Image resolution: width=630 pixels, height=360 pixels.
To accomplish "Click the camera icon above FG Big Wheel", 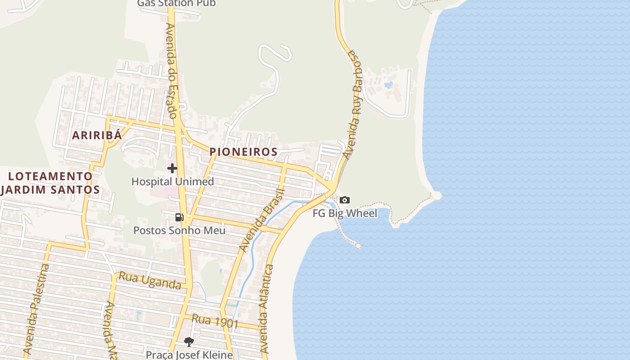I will point(345,200).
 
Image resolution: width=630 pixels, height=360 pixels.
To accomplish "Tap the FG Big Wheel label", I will point(345,213).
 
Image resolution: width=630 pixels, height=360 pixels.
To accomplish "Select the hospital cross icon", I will point(172,169).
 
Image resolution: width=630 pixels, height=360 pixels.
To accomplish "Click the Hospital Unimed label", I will point(172,182).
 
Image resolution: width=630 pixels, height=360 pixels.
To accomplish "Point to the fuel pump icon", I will point(180,217).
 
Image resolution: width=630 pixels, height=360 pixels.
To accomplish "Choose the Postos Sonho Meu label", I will point(179,230).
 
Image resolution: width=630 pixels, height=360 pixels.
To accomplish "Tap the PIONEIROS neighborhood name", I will point(243,152).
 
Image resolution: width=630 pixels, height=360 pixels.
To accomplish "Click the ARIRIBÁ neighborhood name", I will point(97,135).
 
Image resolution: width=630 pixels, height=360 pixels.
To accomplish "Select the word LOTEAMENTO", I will point(50,176).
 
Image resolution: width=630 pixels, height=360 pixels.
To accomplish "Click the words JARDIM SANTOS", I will point(50,189).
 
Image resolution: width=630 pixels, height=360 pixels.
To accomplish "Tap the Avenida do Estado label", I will point(172,71).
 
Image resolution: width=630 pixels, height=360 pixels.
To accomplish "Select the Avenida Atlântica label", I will point(266,308).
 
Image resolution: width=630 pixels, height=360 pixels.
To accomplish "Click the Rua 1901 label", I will point(208,321).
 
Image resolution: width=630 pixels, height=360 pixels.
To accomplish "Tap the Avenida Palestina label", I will point(37,309).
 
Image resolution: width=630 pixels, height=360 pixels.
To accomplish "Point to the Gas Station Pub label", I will point(176,3).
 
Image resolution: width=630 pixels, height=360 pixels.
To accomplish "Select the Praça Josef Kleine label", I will point(189,355).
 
